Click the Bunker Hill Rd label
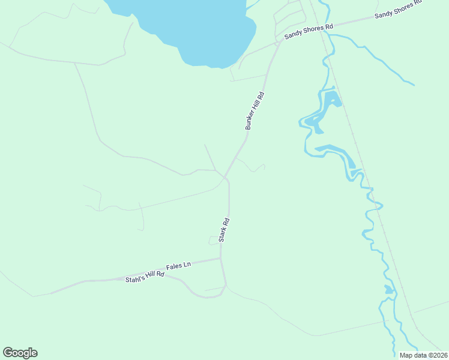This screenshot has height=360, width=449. tap(254, 111)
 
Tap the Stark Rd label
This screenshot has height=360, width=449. tap(224, 230)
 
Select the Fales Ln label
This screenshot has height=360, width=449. tap(178, 265)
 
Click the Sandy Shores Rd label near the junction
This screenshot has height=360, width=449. tap(309, 31)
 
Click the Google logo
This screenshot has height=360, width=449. tap(20, 353)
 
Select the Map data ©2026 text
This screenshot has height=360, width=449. tap(423, 355)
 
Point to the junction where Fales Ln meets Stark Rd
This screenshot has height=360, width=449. tap(221, 259)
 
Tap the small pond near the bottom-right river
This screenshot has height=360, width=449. tap(390, 290)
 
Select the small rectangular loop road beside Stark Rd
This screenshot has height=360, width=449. tap(214, 241)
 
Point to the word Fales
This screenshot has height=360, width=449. tap(175, 266)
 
